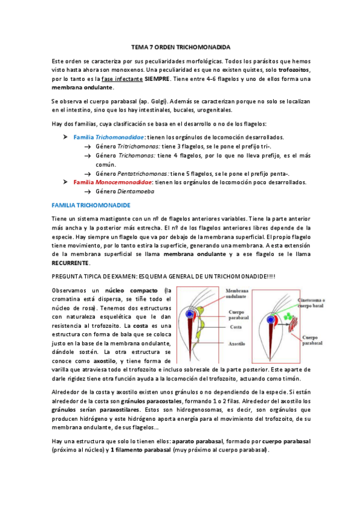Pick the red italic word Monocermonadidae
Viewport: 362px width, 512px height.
coord(123,182)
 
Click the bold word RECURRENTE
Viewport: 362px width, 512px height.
coord(71,263)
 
